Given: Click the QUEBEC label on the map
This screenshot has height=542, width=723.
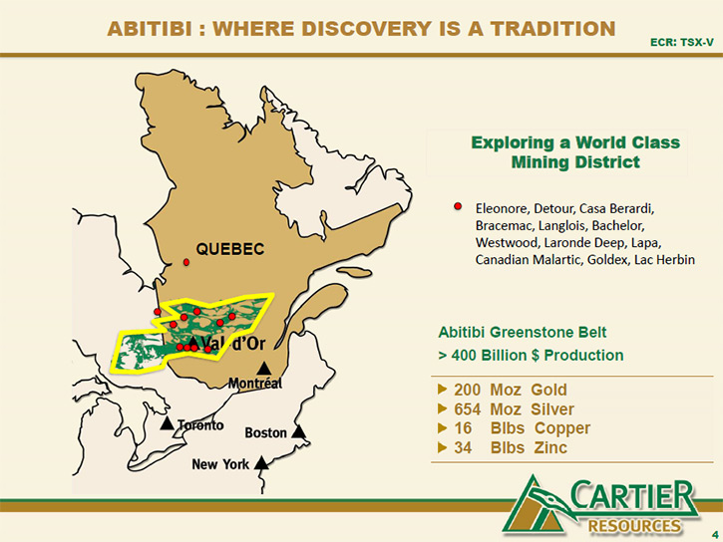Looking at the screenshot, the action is (x=230, y=249).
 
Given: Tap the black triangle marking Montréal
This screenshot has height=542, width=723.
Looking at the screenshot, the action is (x=263, y=369).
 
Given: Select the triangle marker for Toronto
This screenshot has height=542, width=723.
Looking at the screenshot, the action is (x=167, y=423).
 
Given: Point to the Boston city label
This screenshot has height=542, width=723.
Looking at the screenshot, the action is (x=265, y=432).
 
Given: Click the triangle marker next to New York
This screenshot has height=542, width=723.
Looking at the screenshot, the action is (x=261, y=463).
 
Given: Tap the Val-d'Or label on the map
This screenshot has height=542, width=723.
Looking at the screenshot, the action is (x=233, y=344).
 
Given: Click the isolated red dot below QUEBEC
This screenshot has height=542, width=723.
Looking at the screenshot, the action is (x=186, y=262).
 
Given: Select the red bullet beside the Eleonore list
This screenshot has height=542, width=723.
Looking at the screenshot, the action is (x=458, y=206).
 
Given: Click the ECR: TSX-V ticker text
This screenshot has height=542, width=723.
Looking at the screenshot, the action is (x=681, y=43).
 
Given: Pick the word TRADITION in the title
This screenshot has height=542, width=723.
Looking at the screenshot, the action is (x=552, y=29).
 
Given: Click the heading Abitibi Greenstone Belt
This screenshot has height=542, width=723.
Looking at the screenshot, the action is (x=522, y=332).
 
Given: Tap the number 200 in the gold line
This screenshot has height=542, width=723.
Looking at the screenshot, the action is (x=467, y=390).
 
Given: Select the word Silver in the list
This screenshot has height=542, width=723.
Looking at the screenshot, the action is (x=552, y=409).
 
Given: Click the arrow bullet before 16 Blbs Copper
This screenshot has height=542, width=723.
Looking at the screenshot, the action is (x=442, y=428).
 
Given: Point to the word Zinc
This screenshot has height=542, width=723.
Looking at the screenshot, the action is (x=550, y=447).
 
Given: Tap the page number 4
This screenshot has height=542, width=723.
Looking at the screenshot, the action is (x=715, y=535).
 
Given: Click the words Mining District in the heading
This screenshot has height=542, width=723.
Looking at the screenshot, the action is (x=575, y=162).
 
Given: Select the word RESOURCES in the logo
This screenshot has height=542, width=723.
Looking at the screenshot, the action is (x=634, y=526).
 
